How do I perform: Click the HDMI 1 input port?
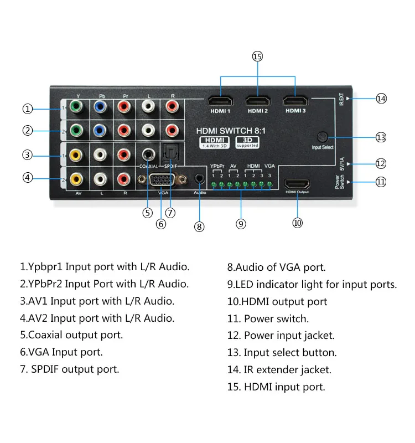point(221,101)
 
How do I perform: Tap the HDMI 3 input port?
point(295,101)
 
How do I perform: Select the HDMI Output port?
point(297,184)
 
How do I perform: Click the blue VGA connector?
point(163,180)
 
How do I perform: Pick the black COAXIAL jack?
point(148,154)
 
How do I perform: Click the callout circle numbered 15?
point(257,56)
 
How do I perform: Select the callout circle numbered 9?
point(241,224)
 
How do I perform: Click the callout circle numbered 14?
point(381,98)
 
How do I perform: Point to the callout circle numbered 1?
point(28,109)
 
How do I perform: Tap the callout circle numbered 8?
point(199,226)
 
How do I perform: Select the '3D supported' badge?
point(247,142)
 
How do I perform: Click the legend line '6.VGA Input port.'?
point(61,352)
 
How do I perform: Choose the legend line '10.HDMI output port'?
point(277,301)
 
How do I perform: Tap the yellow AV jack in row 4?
point(76,179)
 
